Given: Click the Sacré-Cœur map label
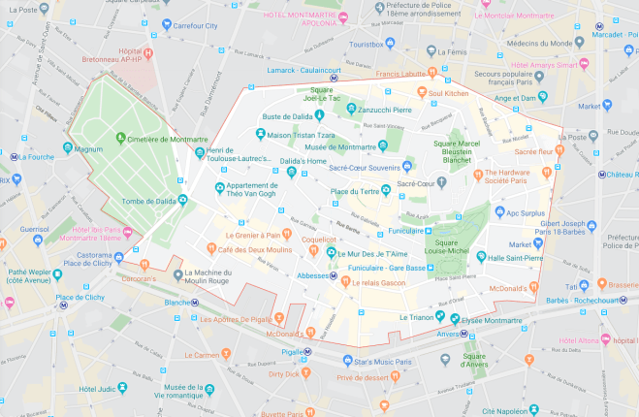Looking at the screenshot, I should [414, 183].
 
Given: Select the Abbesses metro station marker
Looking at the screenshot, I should [334, 275].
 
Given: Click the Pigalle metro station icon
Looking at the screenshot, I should [307, 352].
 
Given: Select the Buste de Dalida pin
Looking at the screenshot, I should [318, 115].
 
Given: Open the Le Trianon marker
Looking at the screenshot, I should [439, 317].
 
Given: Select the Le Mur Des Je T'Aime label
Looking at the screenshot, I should [378, 253].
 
